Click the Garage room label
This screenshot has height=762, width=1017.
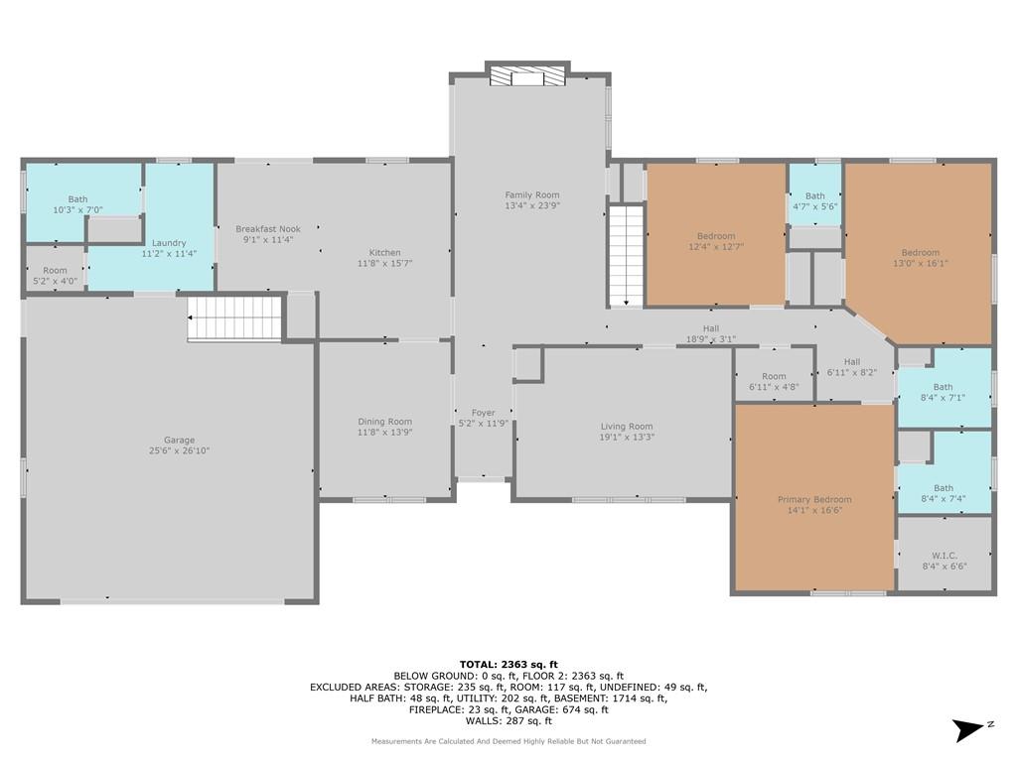(179, 440)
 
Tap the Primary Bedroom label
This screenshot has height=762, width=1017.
(814, 500)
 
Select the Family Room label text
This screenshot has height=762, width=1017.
(532, 195)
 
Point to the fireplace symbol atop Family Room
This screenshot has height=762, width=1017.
(527, 77)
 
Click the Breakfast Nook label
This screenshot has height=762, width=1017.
(268, 229)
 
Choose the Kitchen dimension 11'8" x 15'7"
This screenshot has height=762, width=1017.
(384, 263)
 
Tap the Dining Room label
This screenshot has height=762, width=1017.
(384, 422)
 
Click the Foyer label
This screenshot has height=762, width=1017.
(484, 413)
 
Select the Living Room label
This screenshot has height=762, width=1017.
(627, 427)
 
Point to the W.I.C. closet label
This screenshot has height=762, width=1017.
(944, 556)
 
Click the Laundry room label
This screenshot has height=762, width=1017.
(169, 243)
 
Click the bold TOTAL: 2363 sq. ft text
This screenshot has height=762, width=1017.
(508, 664)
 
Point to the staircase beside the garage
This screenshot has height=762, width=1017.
(234, 317)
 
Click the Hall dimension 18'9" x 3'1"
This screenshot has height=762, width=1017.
(711, 339)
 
